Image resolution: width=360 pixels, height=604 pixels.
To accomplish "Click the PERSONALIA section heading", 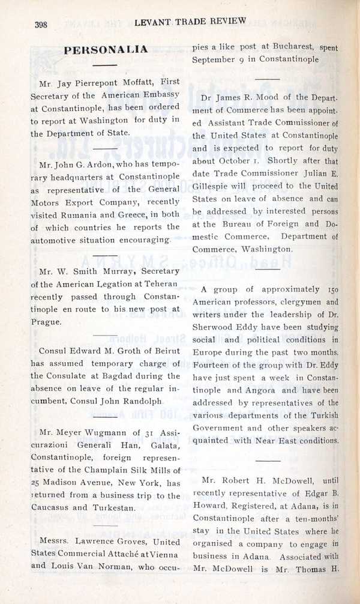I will point(106,49).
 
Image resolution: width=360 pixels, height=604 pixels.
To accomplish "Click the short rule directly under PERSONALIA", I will point(106,64).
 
